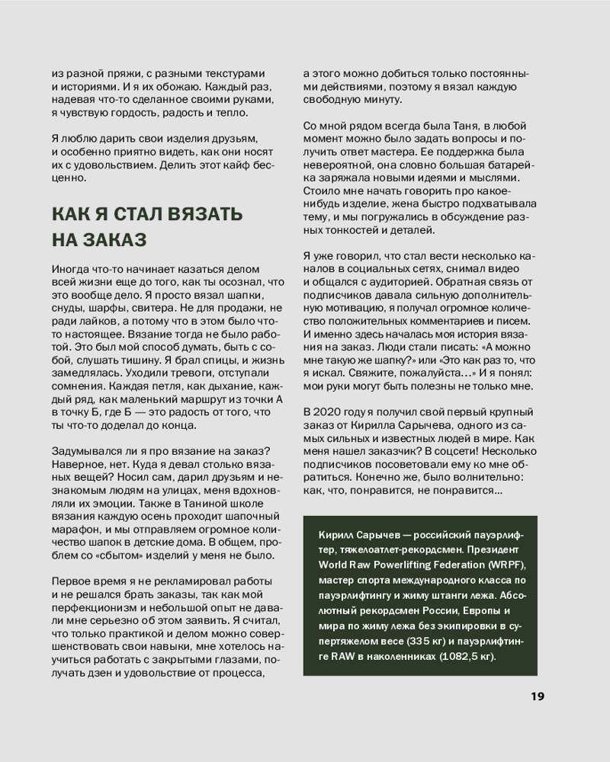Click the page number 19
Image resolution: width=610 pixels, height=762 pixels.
(x=536, y=696)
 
